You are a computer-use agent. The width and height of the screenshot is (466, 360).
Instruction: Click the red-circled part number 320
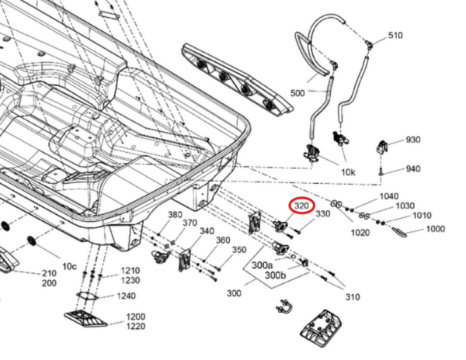tap(301, 206)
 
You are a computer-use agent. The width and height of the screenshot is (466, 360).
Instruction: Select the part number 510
tap(395, 36)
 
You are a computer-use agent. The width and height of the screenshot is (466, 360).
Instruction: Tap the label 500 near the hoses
tap(297, 93)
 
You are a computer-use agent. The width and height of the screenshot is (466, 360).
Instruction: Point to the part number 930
tap(413, 140)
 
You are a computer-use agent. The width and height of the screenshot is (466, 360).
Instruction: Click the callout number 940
tap(413, 169)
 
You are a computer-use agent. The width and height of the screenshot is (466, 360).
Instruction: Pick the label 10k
tap(348, 172)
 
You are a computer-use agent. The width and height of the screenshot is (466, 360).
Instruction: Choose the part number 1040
tap(389, 196)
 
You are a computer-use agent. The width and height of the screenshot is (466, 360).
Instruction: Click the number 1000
tap(436, 229)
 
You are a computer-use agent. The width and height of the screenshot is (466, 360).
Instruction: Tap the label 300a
tap(263, 265)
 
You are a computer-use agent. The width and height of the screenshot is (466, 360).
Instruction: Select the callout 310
tap(353, 297)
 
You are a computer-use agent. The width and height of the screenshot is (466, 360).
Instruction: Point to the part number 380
tap(176, 214)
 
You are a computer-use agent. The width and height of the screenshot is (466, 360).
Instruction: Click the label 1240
tap(127, 296)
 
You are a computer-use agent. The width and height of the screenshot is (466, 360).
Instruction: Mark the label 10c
tap(69, 267)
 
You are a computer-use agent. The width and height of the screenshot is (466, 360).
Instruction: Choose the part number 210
tap(49, 273)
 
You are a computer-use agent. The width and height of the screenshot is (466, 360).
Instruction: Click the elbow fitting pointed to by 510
tap(369, 43)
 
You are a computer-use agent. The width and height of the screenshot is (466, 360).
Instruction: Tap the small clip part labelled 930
tap(382, 147)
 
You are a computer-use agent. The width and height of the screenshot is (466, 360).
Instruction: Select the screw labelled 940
tap(381, 171)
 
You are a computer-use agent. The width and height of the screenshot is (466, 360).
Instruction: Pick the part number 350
tap(239, 250)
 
